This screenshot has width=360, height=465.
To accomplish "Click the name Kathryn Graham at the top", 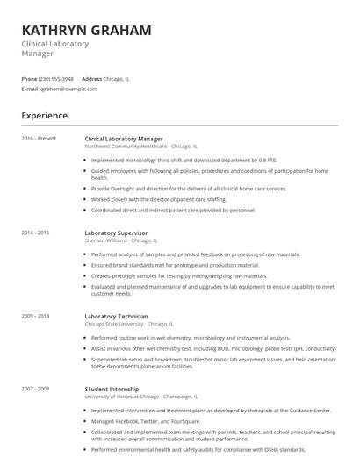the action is tap(86, 30).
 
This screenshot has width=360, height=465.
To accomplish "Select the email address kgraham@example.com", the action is tap(69, 89).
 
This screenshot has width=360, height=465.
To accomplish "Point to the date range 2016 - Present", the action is tap(39, 139).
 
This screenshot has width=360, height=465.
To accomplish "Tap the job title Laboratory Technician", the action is tap(116, 316).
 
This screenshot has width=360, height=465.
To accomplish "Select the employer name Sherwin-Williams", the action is tap(105, 240).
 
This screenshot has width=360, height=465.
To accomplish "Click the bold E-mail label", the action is tap(30, 89).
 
